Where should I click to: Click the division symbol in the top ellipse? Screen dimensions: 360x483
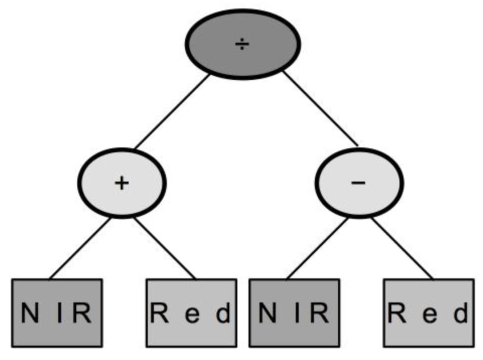coord(242,44)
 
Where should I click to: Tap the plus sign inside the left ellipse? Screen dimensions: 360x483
coord(122,183)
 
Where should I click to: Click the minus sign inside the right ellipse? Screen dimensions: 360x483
coord(358,183)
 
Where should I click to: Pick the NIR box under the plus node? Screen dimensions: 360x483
coord(57,313)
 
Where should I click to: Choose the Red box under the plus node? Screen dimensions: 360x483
coord(192,313)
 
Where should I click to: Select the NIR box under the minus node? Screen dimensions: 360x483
coord(294,313)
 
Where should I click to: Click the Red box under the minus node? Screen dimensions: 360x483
coord(429,313)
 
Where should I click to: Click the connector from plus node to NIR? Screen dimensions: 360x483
coord(80,248)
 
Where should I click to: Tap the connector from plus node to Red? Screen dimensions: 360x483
coord(164,248)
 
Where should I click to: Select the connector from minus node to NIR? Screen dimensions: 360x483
coord(317,248)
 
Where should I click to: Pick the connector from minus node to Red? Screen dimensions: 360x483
coord(402,248)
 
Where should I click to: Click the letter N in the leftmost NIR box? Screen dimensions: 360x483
coord(30,313)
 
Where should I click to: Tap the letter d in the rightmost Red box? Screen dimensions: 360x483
coord(461,313)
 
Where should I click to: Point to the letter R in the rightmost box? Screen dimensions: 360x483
coord(397,313)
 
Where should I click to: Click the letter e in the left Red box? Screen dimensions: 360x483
coord(193,315)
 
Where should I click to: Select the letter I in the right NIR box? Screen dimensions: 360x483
coord(297,313)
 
